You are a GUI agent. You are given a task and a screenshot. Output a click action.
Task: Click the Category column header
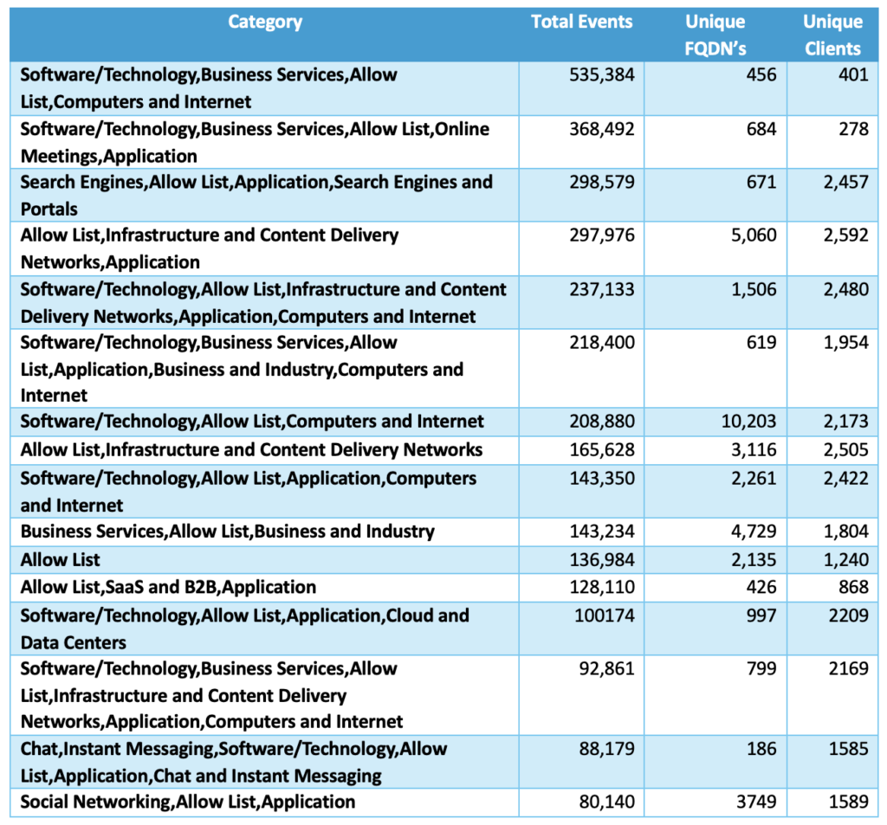pyautogui.click(x=264, y=23)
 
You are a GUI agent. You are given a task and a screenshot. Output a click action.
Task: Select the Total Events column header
pyautogui.click(x=581, y=23)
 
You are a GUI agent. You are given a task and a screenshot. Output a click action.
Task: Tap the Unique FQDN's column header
pyautogui.click(x=715, y=35)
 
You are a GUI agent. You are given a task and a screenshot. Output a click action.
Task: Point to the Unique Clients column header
pyautogui.click(x=832, y=35)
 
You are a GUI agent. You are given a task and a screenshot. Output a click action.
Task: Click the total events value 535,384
pyautogui.click(x=602, y=75)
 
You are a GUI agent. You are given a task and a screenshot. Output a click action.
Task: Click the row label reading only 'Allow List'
pyautogui.click(x=61, y=560)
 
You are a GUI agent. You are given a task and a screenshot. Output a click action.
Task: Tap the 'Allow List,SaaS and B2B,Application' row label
pyautogui.click(x=168, y=588)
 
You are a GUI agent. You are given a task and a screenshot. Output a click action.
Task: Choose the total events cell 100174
pyautogui.click(x=608, y=616)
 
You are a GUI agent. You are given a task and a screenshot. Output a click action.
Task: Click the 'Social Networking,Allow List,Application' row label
pyautogui.click(x=187, y=802)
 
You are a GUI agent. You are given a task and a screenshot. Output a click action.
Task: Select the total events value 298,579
pyautogui.click(x=602, y=183)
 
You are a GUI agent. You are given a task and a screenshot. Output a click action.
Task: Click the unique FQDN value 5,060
pyautogui.click(x=753, y=235)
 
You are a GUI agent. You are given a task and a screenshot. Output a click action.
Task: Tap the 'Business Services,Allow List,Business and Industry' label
pyautogui.click(x=227, y=532)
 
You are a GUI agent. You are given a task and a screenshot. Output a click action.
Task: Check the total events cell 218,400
pyautogui.click(x=602, y=343)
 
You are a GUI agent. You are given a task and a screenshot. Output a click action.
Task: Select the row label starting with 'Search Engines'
pyautogui.click(x=256, y=195)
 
